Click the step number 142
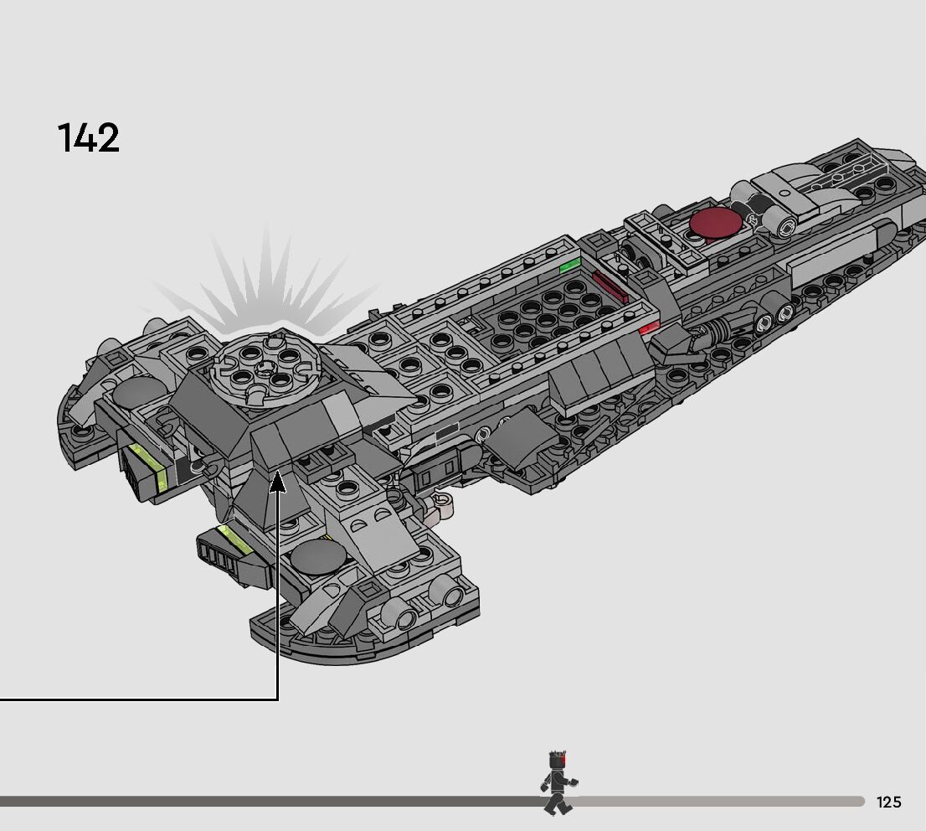click(x=88, y=138)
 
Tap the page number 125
click(x=888, y=803)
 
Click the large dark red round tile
click(x=715, y=224)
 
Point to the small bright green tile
click(x=570, y=266)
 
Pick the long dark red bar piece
click(x=610, y=287)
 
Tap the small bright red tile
click(x=648, y=330)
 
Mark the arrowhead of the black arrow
click(x=277, y=482)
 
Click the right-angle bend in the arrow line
click(x=277, y=698)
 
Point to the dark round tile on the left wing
click(x=137, y=393)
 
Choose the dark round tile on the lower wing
click(x=317, y=557)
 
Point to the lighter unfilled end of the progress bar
click(x=720, y=802)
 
